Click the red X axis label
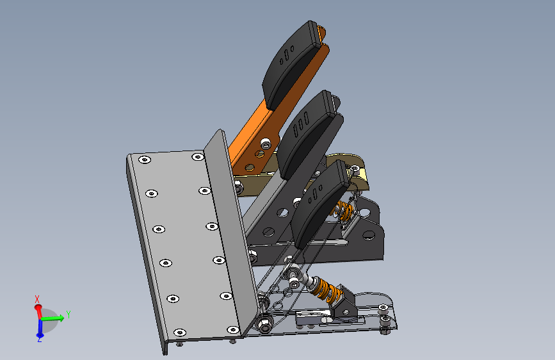pos(37,299)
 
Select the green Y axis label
pos(68,315)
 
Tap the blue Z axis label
pos(40,340)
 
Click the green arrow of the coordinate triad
pos(52,318)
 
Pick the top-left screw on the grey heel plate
pos(145,160)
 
